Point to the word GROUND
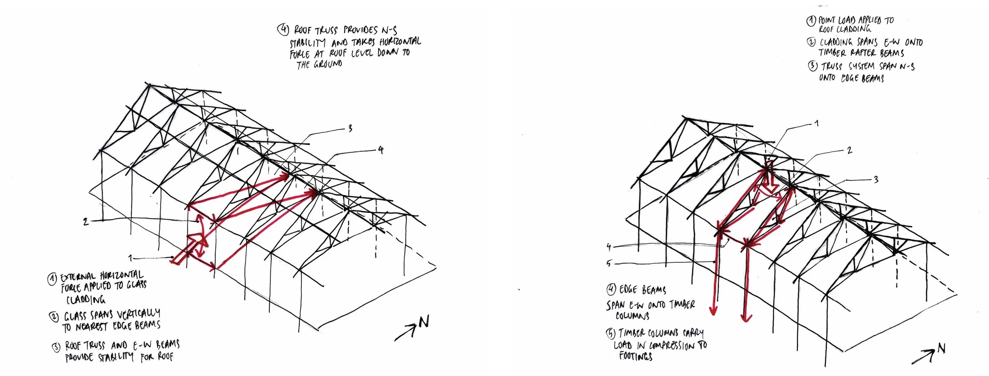pyautogui.click(x=328, y=64)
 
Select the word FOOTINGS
pyautogui.click(x=636, y=356)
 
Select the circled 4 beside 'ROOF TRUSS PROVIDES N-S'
pyautogui.click(x=283, y=30)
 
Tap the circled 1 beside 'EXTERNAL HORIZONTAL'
pyautogui.click(x=52, y=279)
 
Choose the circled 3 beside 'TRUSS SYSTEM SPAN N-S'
pyautogui.click(x=813, y=66)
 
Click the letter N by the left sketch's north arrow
pyautogui.click(x=423, y=323)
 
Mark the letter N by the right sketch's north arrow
pyautogui.click(x=942, y=349)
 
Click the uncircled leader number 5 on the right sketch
pyautogui.click(x=609, y=263)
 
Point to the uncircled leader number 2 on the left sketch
pyautogui.click(x=86, y=222)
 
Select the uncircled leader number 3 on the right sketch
pyautogui.click(x=876, y=180)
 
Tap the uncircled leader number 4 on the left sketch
pyautogui.click(x=381, y=150)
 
